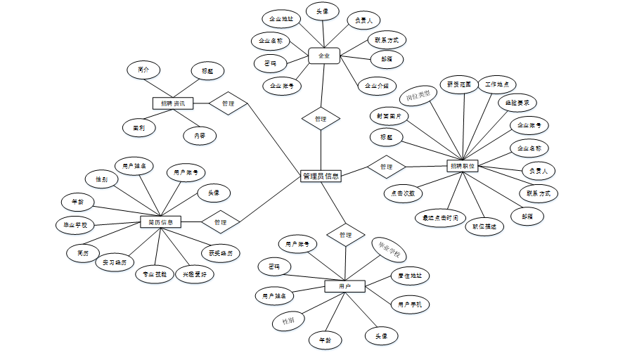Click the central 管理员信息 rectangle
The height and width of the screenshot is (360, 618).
[321, 176]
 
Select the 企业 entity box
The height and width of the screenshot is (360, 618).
[324, 55]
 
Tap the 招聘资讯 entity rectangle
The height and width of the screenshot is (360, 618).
[172, 103]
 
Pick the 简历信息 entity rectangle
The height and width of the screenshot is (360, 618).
[161, 222]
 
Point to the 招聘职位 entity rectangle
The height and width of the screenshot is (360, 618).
[462, 167]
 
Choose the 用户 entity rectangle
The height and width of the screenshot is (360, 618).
[345, 286]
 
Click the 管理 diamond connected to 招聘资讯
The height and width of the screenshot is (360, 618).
[228, 103]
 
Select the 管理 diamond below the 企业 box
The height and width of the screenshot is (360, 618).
[321, 119]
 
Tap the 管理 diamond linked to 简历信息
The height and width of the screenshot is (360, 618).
[220, 222]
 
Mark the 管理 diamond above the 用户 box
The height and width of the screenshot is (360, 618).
[345, 235]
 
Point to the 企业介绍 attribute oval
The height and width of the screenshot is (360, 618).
[376, 86]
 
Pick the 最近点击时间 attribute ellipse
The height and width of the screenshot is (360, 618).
[439, 218]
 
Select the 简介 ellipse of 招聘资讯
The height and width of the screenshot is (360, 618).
[143, 70]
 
